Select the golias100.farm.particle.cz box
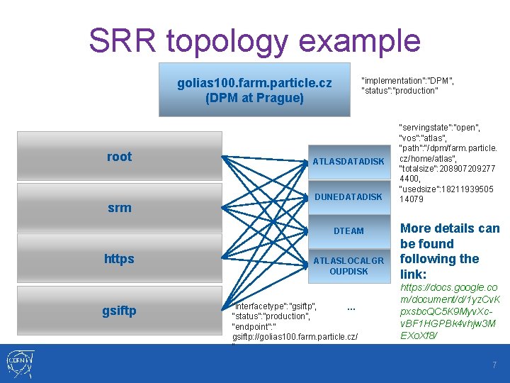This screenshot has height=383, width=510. tap(254, 90)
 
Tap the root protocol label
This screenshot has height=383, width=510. tap(119, 157)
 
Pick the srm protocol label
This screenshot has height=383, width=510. tap(119, 207)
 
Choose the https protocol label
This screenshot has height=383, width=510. tap(119, 259)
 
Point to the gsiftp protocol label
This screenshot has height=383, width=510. tap(119, 311)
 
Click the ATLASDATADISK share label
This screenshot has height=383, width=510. tap(348, 161)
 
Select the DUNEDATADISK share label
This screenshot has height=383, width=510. tap(348, 196)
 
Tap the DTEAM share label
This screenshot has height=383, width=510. tap(348, 231)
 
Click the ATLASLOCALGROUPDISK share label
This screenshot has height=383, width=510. tap(348, 266)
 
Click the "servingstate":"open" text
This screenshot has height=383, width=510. tap(439, 128)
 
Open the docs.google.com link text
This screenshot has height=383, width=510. tap(449, 311)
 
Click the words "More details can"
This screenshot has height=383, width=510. tap(450, 228)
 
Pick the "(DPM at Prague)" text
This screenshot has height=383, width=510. tap(254, 98)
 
